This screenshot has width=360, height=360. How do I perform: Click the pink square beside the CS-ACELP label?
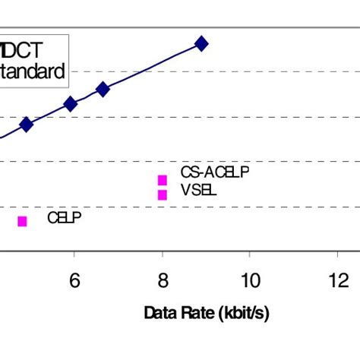(x=162, y=180)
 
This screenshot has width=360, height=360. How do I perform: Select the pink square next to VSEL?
(x=162, y=194)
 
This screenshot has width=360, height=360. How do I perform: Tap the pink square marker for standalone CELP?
(x=22, y=221)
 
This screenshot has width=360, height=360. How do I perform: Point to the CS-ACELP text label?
(x=214, y=173)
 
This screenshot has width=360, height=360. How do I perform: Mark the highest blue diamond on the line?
(x=201, y=43)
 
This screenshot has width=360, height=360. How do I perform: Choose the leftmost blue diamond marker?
(x=26, y=125)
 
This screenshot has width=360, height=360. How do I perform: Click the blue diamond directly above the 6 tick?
(x=70, y=104)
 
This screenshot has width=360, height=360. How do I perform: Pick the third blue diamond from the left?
(x=103, y=90)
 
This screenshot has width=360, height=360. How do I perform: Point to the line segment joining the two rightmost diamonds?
(x=152, y=66)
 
